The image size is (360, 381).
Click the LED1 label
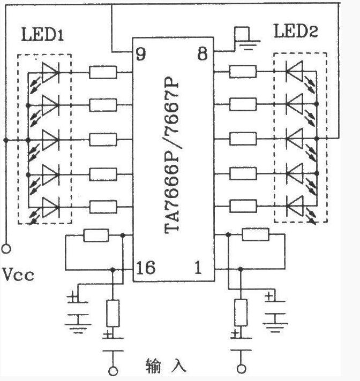pyautogui.click(x=42, y=34)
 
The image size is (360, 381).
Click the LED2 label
pyautogui.click(x=296, y=31)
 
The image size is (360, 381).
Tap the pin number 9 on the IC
pyautogui.click(x=141, y=54)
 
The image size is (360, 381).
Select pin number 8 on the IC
pyautogui.click(x=202, y=54)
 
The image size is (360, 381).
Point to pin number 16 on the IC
pyautogui.click(x=146, y=268)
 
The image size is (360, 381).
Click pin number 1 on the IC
pyautogui.click(x=198, y=268)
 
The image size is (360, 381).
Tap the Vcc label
pyautogui.click(x=18, y=275)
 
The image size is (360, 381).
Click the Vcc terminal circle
pyautogui.click(x=6, y=249)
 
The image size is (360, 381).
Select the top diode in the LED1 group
pyautogui.click(x=50, y=72)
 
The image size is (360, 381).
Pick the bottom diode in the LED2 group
pyautogui.click(x=295, y=207)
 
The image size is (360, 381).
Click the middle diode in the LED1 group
pyautogui.click(x=50, y=140)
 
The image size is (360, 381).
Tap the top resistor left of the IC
pyautogui.click(x=103, y=72)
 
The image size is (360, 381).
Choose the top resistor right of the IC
pyautogui.click(x=243, y=72)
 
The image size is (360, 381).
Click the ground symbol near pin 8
pyautogui.click(x=247, y=44)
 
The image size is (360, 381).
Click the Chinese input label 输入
pyautogui.click(x=166, y=366)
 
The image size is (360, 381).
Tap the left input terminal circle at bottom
pyautogui.click(x=113, y=371)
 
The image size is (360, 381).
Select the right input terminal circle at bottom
pyautogui.click(x=241, y=369)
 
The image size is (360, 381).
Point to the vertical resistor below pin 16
pyautogui.click(x=113, y=313)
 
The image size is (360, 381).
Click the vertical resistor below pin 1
pyautogui.click(x=241, y=313)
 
